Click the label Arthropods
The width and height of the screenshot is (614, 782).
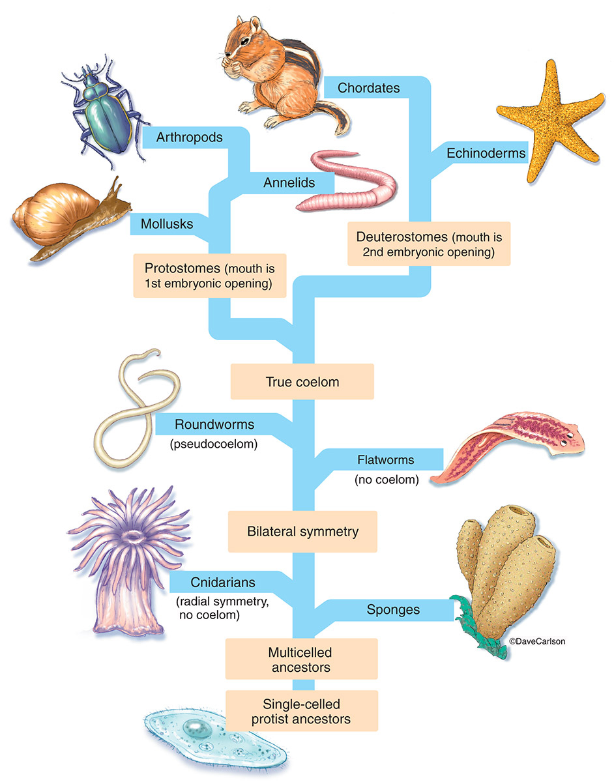[x=190, y=138]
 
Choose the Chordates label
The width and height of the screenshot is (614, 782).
[x=369, y=87]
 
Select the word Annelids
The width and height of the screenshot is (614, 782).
[x=289, y=182]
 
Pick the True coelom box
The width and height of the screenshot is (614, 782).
[x=302, y=381]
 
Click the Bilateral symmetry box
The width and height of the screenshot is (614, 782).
[x=302, y=531]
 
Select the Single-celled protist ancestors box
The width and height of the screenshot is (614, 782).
[x=302, y=711]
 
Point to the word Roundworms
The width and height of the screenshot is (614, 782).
[x=214, y=425]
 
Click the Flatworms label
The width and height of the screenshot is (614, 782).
[x=385, y=460]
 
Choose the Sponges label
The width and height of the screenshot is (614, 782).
[x=393, y=610]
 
